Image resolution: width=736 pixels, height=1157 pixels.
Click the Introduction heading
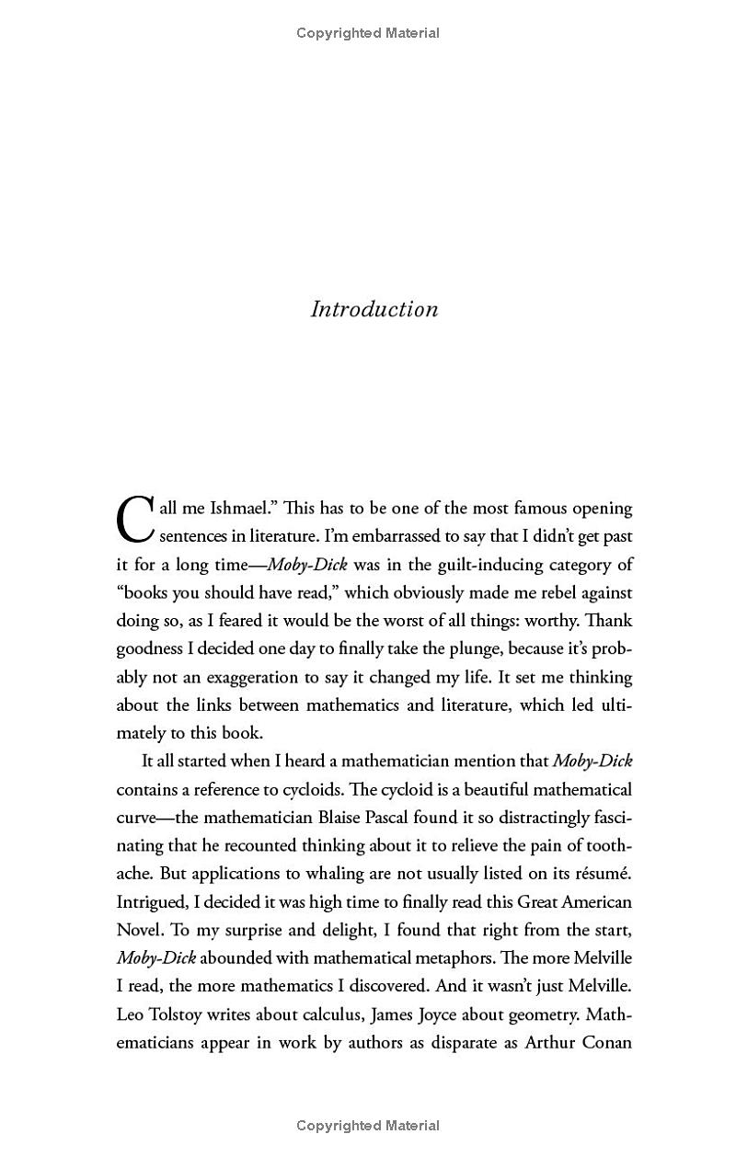374,309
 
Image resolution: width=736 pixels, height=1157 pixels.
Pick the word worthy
549,621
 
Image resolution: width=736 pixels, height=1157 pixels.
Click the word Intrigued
150,902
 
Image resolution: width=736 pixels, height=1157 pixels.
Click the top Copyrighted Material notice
368,33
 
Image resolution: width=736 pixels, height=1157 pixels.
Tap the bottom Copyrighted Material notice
368,1126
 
